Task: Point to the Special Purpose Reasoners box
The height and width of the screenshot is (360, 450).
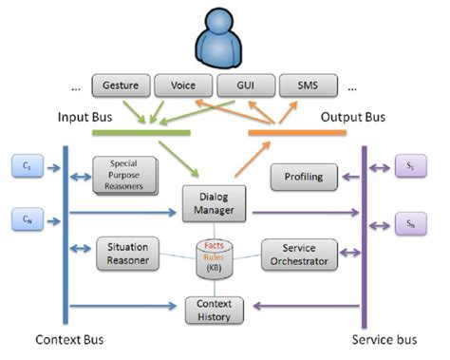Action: click(x=122, y=175)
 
